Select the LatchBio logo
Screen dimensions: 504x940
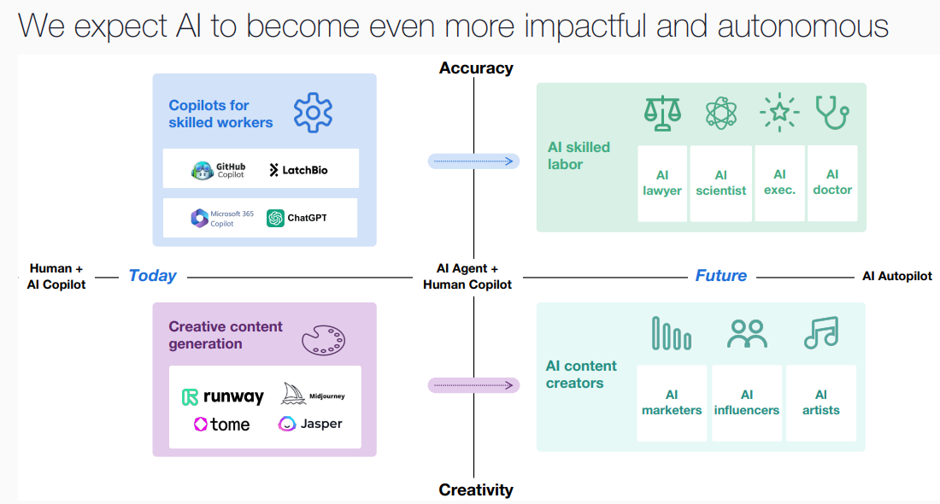[298, 170]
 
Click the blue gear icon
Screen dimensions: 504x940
[313, 114]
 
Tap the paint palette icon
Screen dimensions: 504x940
[323, 338]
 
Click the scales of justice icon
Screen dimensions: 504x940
[661, 113]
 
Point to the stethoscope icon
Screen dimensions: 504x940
[831, 112]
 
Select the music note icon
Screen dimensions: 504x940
[820, 332]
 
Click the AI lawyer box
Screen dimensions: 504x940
[662, 183]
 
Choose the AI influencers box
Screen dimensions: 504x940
[747, 402]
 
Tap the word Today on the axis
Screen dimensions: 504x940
[152, 276]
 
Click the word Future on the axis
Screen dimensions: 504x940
[720, 276]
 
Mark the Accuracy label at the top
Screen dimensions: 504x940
[476, 67]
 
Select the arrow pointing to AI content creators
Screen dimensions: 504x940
[473, 385]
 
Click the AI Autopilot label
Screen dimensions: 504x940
[896, 276]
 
